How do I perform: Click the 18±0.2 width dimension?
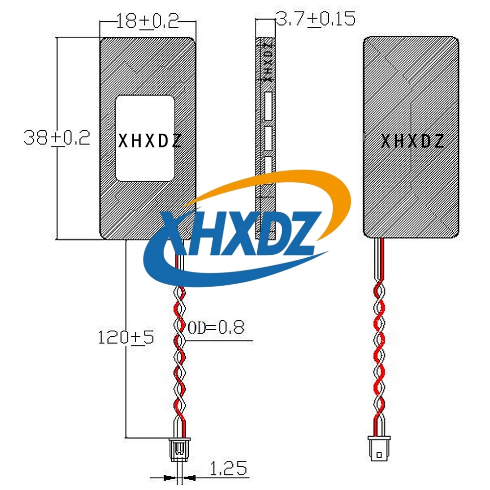[147, 21]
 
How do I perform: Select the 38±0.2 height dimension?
[57, 138]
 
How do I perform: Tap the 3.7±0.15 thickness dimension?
[316, 19]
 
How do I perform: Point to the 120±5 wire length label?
[126, 337]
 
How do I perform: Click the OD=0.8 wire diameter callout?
[216, 327]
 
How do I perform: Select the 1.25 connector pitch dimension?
[228, 468]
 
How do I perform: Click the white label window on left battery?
[145, 139]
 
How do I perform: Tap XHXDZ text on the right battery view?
[412, 141]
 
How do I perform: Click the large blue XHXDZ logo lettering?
[241, 233]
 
